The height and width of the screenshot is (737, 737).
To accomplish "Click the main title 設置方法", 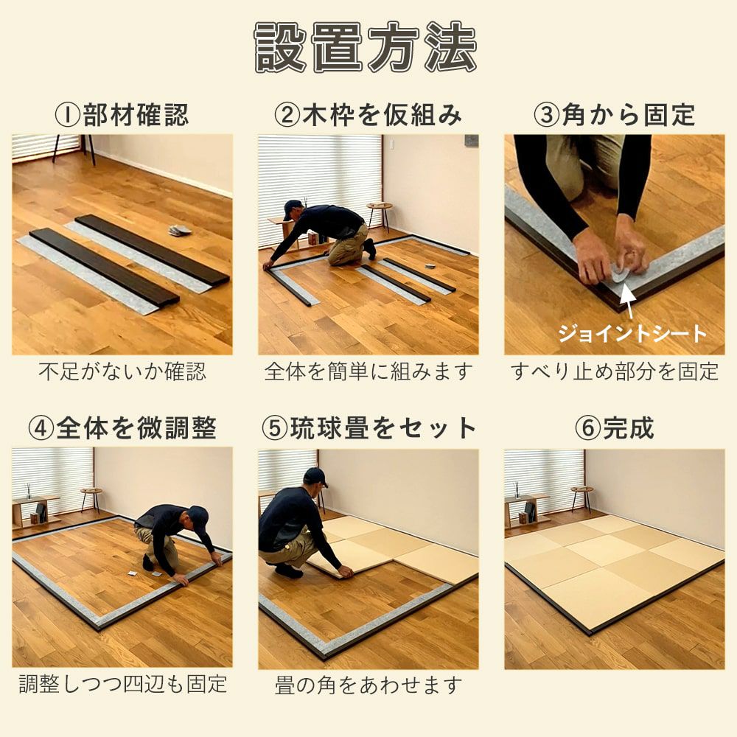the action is pos(366,47).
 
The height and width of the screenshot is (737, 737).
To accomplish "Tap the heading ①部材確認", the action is pos(122,115).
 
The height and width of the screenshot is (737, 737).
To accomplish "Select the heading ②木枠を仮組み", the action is pos(368,115).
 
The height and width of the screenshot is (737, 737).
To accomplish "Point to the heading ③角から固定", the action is pos(615,115).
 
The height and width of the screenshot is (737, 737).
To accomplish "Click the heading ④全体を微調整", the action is pos(122,427).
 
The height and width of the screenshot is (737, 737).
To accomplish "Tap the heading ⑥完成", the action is pos(615,427).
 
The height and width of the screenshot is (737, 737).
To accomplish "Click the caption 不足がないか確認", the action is pos(122,371).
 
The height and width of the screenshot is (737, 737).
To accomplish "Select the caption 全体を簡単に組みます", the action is pos(368,371).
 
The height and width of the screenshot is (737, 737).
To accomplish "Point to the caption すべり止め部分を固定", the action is pos(615,371).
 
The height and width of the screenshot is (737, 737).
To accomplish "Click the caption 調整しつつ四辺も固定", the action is pos(122,684).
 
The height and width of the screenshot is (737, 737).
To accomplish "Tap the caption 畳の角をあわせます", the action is pos(368,685).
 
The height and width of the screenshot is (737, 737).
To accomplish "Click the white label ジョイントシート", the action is pos(632,333).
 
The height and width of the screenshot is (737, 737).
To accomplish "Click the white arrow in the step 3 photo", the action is pos(629,302).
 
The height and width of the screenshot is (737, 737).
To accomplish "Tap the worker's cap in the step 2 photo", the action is pos(293,208).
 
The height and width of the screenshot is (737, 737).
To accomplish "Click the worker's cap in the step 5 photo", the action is pos(315,477).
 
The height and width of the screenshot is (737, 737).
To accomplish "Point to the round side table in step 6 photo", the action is pos(582,497).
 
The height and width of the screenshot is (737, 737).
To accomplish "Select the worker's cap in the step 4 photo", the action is pos(200,516).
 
